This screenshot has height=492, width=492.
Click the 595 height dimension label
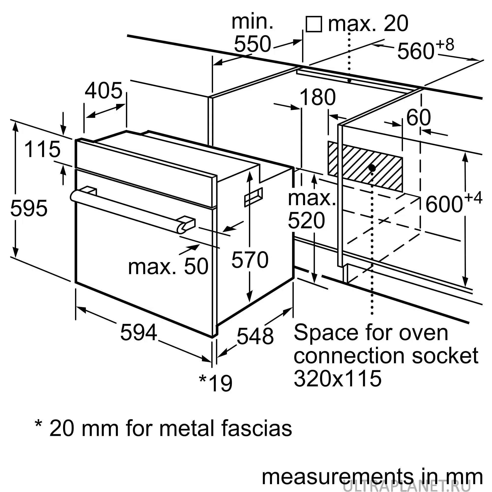coord(29,208)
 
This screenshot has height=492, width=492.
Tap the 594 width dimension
coord(138,332)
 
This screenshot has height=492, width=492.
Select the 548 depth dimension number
coord(255,336)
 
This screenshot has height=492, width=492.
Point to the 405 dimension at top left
coord(104,91)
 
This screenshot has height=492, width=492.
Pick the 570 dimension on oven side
coord(250,260)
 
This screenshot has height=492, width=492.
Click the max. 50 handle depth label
coord(168,267)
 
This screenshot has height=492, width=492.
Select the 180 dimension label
coord(318,97)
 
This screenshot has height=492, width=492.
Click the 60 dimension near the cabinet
coord(418,117)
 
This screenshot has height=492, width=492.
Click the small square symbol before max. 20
coord(314,24)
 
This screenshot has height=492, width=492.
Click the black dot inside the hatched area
coord(372,168)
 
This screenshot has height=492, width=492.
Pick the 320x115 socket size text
coord(338,378)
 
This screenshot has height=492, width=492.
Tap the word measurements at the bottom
coord(336,477)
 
